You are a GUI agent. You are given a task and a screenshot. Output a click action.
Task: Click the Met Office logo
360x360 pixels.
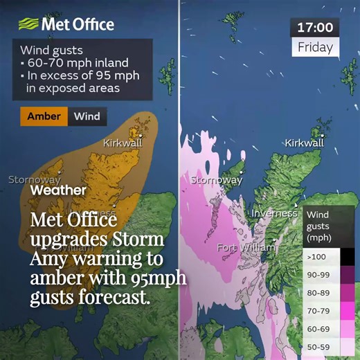tap(67, 24)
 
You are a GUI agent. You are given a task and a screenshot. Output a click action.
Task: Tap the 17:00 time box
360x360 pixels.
tap(315, 28)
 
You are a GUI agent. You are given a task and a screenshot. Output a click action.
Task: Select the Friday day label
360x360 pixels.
tap(315, 48)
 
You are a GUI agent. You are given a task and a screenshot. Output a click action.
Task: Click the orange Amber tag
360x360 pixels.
tap(44, 116)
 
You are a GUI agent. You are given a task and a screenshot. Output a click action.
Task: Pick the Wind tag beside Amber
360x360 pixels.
tap(87, 116)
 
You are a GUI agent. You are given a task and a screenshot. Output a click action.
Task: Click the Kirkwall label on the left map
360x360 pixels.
tap(123, 143)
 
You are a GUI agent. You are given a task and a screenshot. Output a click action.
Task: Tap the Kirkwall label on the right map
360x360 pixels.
tap(304, 143)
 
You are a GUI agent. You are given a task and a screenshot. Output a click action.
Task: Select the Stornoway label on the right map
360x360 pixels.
tap(216, 180)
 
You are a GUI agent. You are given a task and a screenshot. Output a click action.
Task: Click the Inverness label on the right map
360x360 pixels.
tap(274, 213)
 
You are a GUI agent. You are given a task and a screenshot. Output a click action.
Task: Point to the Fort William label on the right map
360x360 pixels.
tap(246, 247)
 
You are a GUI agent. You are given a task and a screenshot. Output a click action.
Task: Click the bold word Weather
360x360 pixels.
tap(59, 190)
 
